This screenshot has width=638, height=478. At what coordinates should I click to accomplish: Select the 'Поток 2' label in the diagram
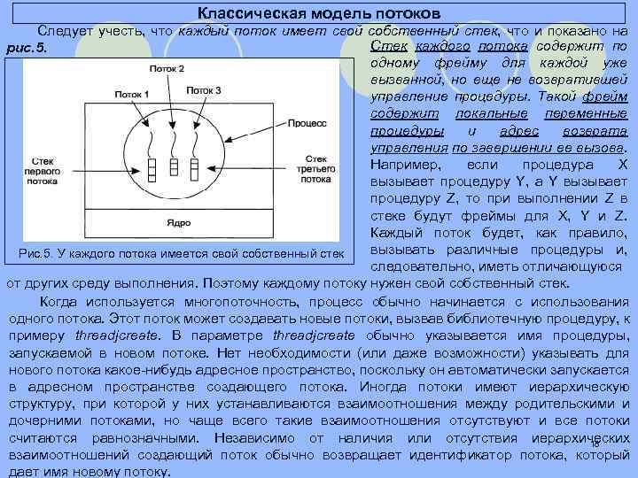pyautogui.click(x=167, y=69)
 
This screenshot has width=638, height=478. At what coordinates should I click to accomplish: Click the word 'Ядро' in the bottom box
pyautogui.click(x=177, y=220)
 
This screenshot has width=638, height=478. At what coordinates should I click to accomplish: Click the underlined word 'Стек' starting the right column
pyautogui.click(x=385, y=45)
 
